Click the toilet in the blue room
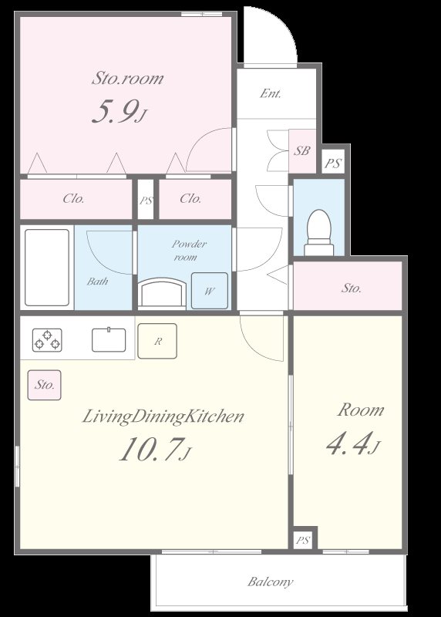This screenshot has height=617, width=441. coord(318,233)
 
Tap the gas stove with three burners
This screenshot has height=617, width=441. coord(47,340)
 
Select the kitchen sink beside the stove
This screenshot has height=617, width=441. coord(109,339)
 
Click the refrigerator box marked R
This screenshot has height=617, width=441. coord(157,341)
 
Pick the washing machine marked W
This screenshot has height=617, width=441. coord(210,291)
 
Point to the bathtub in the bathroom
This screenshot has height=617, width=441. coord(47,268)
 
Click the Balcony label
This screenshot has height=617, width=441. coord(271,582)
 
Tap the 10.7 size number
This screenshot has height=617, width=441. coord(155,449)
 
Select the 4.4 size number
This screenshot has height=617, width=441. coord(353,443)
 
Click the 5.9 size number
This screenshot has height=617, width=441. coord(120,111)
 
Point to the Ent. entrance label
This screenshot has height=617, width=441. coord(271,93)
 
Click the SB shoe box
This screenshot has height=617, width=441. coord(302,151)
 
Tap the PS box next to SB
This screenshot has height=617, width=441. coord(333,163)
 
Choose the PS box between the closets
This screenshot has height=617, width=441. coord(146,200)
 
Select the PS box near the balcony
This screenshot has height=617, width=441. coord(303,540)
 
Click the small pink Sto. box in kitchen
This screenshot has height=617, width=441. coord(45,385)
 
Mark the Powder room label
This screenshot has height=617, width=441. coord(187,250)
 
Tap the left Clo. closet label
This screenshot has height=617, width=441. coord(73,199)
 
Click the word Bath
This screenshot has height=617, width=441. coord(98,282)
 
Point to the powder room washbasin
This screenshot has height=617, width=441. coord(162,292)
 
